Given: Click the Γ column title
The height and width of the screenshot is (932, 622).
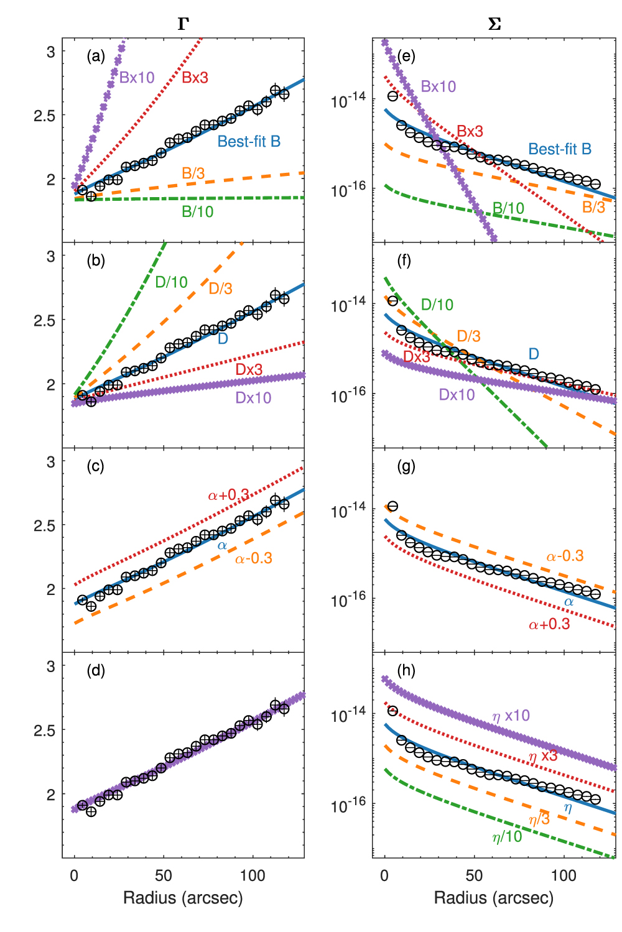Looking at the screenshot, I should [x=183, y=24].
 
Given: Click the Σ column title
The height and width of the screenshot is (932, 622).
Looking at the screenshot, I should [x=494, y=24].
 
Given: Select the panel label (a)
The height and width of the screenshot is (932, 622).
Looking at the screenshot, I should [x=95, y=57].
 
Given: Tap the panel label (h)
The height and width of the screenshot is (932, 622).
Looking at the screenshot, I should [x=406, y=671].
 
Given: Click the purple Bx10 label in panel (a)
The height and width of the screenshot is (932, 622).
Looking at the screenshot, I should [x=137, y=78].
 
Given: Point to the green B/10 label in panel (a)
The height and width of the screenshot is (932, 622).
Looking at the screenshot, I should [x=197, y=212].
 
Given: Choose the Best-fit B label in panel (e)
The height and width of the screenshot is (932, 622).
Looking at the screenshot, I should [x=560, y=149].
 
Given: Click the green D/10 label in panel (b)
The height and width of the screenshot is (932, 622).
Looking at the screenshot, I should [x=171, y=282].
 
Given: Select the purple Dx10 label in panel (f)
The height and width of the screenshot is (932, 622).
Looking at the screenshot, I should [x=457, y=395].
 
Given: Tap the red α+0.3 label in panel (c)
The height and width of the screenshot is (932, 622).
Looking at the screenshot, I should [x=228, y=496].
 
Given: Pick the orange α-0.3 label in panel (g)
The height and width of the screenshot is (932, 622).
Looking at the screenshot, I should [x=565, y=556].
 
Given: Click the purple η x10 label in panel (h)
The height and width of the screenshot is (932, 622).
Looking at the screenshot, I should [x=511, y=716].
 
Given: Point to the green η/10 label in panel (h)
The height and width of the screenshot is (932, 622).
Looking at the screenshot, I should [x=507, y=837].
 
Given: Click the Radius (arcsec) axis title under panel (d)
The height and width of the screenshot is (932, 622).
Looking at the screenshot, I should [x=183, y=897].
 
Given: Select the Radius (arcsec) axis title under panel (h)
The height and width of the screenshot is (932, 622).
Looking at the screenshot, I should [x=494, y=897].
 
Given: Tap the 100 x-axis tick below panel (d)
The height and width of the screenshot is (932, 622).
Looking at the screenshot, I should [x=253, y=875].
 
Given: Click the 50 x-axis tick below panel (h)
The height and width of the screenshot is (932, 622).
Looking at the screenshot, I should [x=474, y=875].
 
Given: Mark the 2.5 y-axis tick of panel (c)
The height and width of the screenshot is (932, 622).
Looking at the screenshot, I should [x=44, y=526].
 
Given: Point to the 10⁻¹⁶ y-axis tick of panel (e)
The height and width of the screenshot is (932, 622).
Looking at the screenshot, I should [x=348, y=190].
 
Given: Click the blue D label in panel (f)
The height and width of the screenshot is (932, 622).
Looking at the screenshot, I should [x=534, y=354].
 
